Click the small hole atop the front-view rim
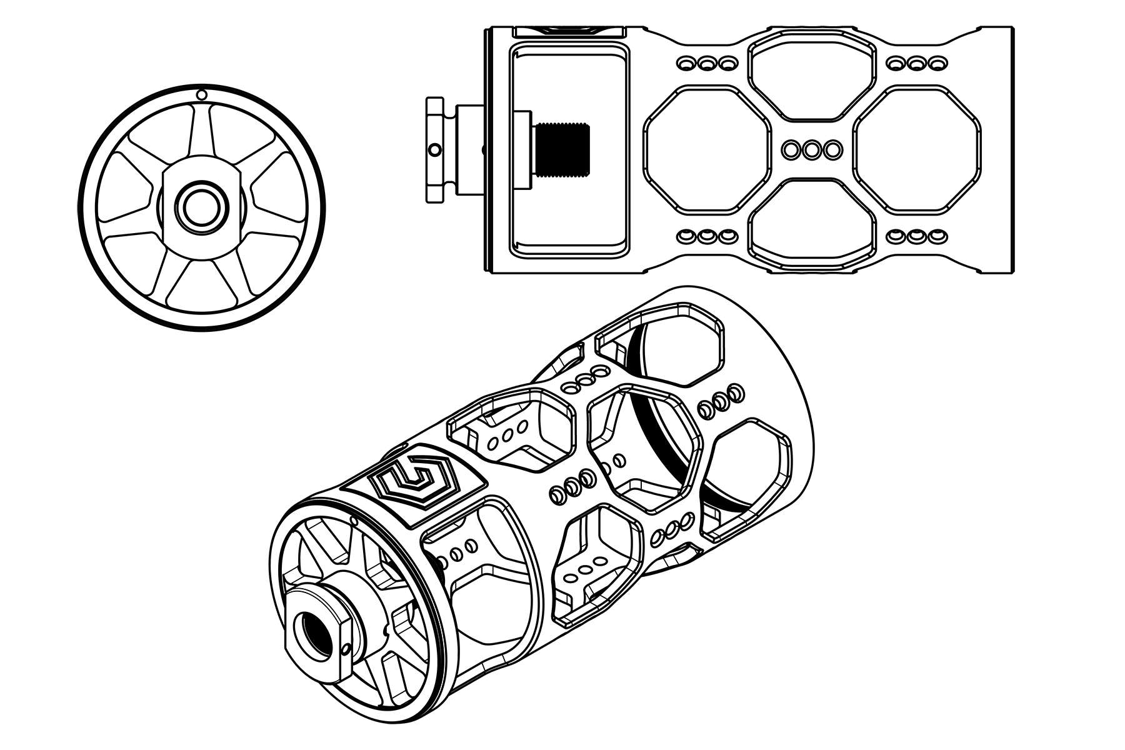[201, 95]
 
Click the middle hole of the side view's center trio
[811, 150]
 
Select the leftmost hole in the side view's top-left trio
[686, 64]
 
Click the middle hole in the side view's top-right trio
[917, 64]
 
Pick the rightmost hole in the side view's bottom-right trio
[936, 237]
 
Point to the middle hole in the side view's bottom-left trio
[707, 237]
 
